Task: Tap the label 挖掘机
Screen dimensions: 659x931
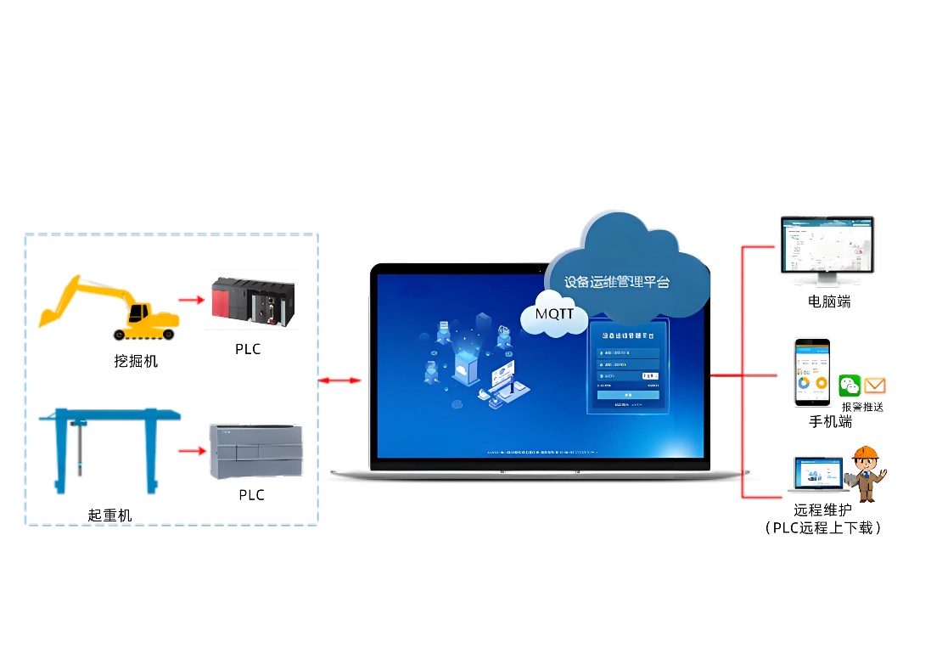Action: pos(137,361)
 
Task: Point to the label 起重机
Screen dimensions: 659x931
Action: pos(110,515)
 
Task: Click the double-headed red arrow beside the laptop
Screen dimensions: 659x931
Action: pos(339,381)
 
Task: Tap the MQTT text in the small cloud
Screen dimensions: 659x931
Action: pos(554,313)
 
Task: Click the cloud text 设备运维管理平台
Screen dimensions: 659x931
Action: pos(617,281)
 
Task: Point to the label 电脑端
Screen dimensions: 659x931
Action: pos(829,301)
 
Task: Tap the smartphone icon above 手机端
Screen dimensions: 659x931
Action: pos(811,373)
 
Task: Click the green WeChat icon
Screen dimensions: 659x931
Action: pos(850,386)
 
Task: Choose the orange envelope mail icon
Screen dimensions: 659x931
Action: pos(875,386)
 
